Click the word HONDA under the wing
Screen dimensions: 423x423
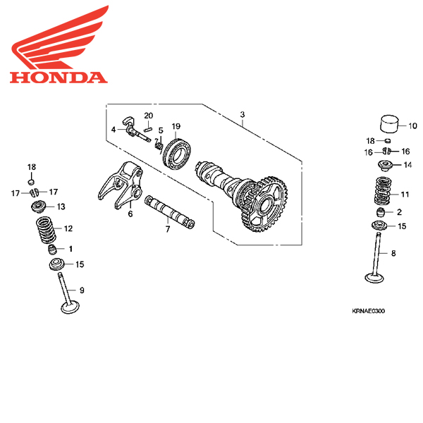[x=59, y=76]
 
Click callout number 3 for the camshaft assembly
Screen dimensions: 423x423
[x=242, y=114]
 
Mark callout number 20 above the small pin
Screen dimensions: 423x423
[x=148, y=115]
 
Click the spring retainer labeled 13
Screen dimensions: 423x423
[x=39, y=207]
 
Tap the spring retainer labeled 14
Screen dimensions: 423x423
[x=386, y=166]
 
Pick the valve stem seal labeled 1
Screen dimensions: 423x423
[x=51, y=249]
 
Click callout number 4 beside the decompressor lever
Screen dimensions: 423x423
[x=113, y=129]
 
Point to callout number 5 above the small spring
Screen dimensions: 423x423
[x=160, y=130]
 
